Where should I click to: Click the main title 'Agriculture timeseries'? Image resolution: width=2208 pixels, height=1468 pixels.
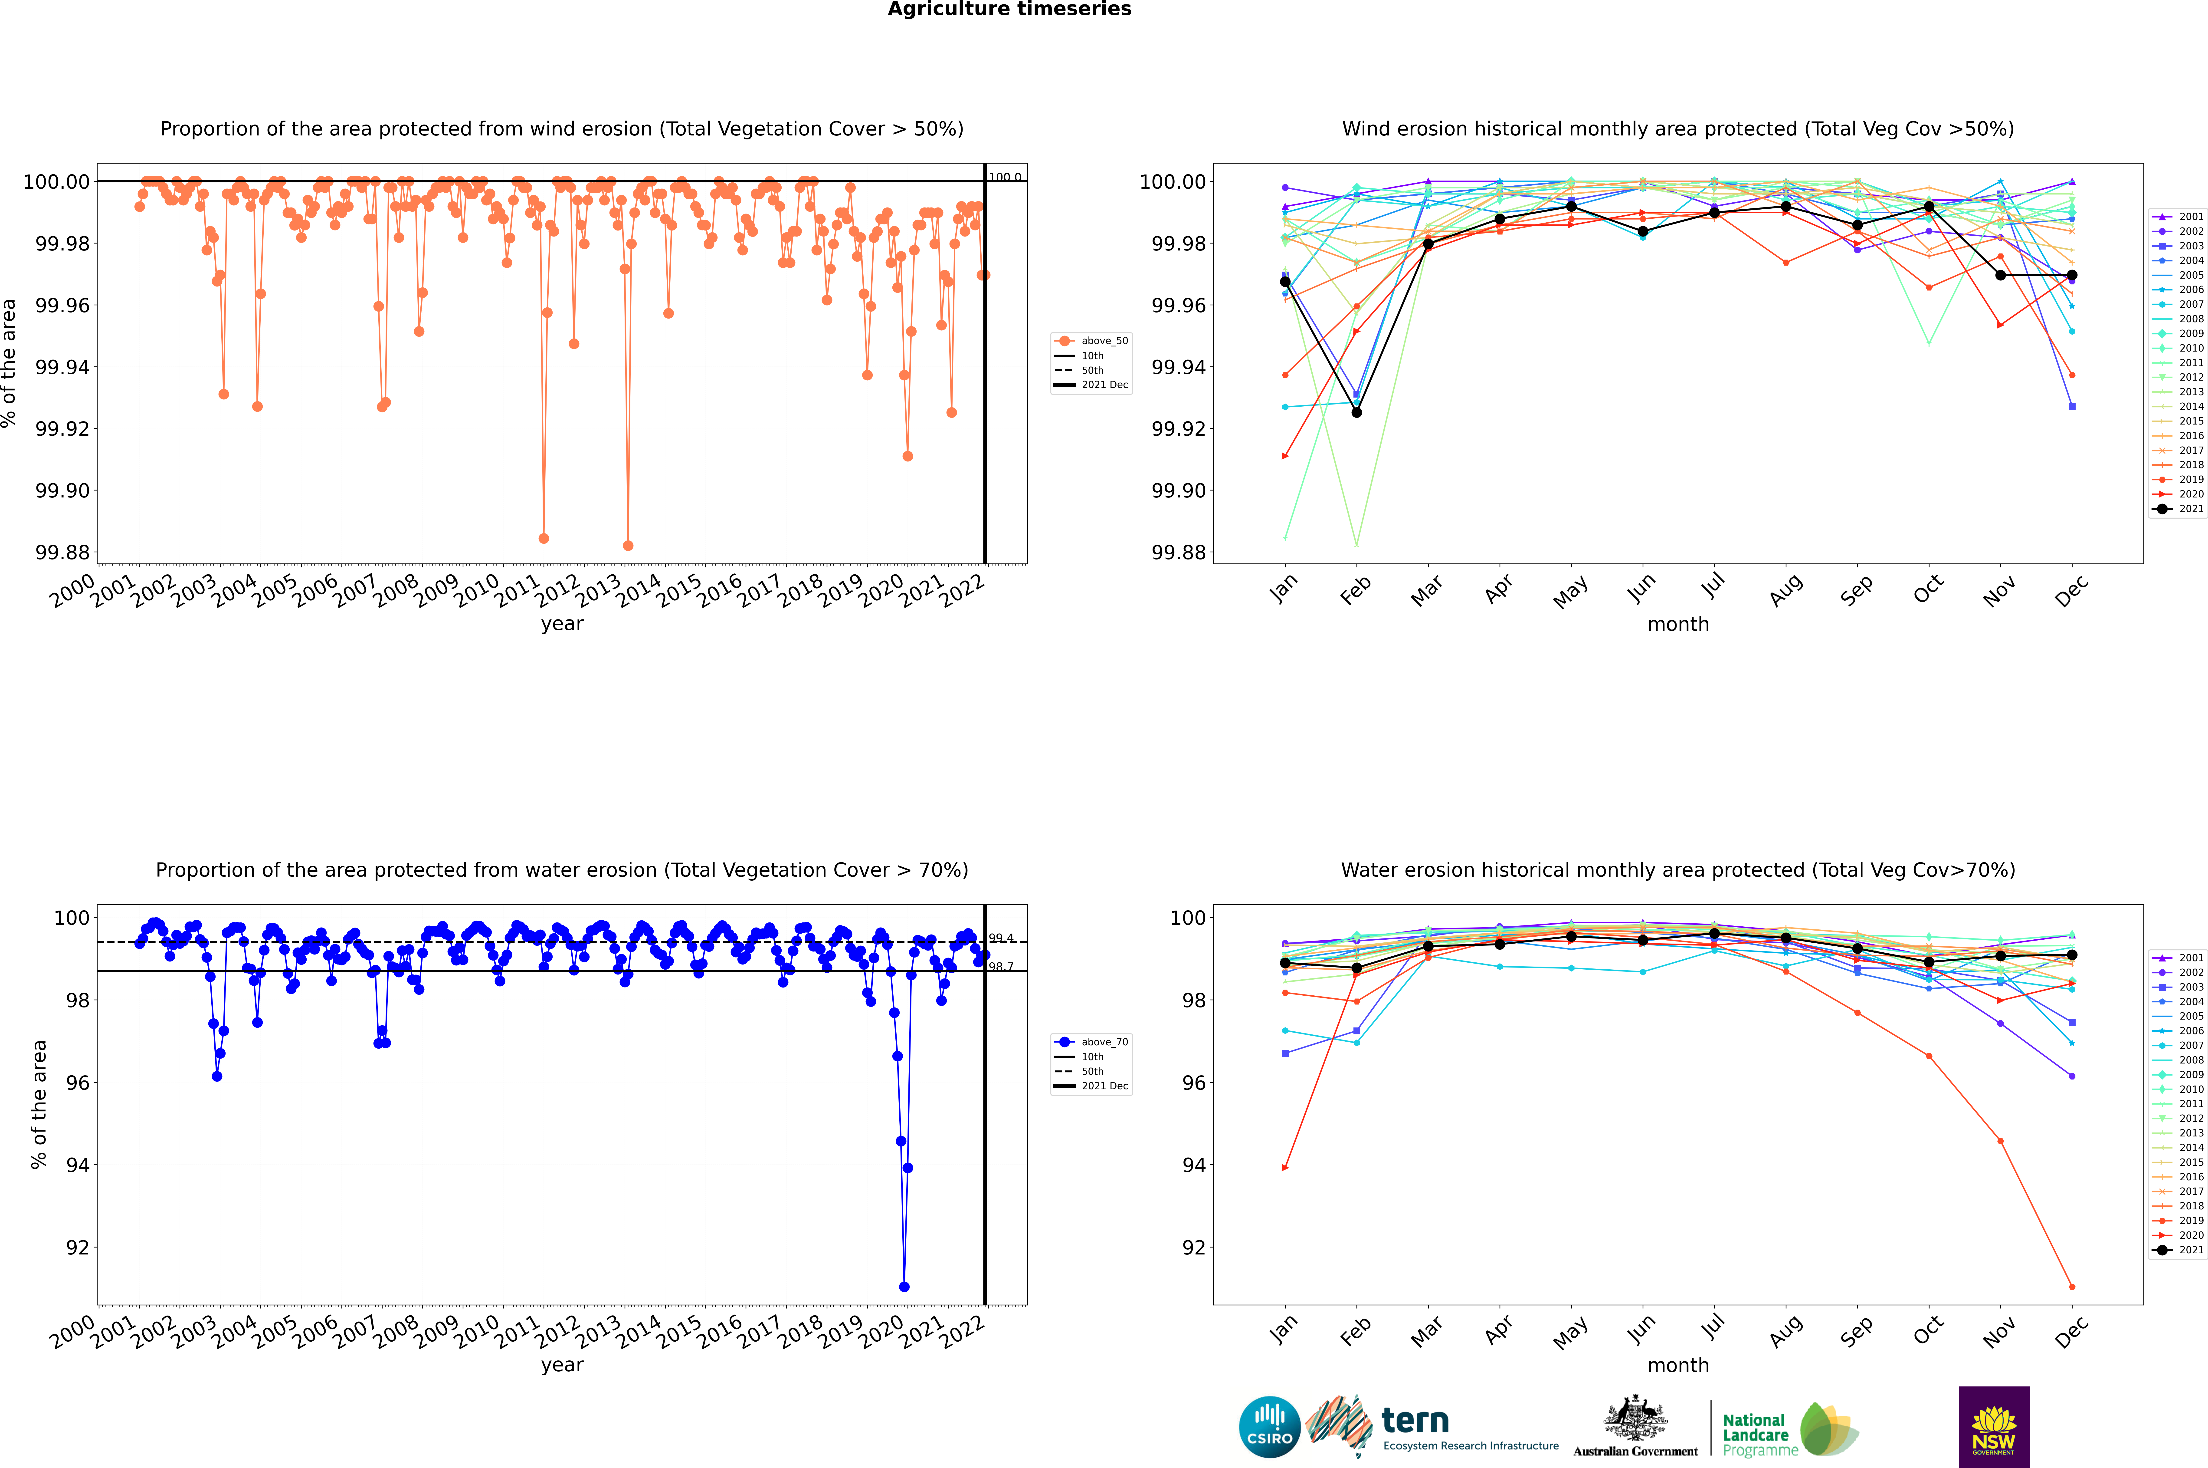point(1009,9)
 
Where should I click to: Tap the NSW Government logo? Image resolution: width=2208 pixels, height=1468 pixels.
point(1994,1427)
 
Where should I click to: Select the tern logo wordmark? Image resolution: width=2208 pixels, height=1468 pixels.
point(1415,1421)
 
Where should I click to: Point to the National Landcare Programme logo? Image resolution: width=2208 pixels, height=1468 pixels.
point(1790,1430)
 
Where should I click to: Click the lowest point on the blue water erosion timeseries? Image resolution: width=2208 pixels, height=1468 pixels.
point(904,1286)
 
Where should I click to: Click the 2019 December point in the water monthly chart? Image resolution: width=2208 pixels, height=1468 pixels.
point(2071,1286)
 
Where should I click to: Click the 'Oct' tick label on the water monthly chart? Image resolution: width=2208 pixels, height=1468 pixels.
point(1928,1330)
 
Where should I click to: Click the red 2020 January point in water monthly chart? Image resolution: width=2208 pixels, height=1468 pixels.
point(1285,1168)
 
